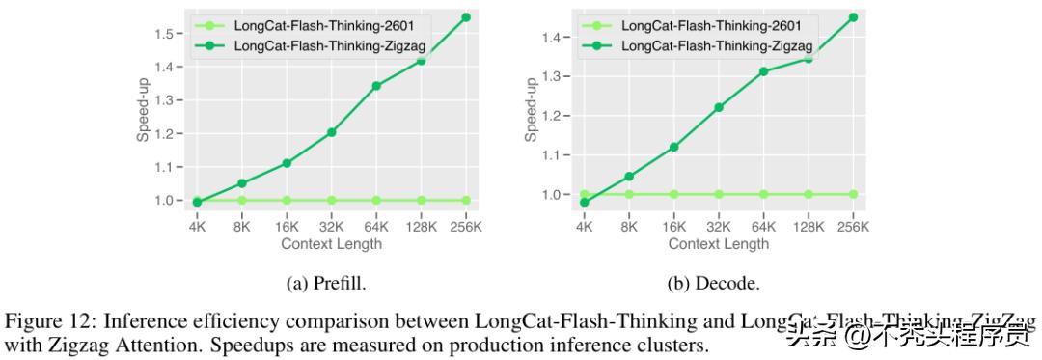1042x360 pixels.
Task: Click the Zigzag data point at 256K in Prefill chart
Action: tap(466, 17)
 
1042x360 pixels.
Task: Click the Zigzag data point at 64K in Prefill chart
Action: tap(376, 86)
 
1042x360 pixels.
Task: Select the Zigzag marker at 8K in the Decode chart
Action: tap(629, 177)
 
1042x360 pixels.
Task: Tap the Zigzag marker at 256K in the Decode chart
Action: tap(853, 17)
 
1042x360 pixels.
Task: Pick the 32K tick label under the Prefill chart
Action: tap(331, 227)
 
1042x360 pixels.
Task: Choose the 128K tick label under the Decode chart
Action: tap(809, 227)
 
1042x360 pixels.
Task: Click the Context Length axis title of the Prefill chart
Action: tap(331, 244)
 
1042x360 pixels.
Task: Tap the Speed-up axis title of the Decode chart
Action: tap(532, 109)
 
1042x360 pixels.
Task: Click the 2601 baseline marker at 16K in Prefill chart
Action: tap(287, 201)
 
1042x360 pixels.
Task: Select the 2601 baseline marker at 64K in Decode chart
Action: tap(763, 194)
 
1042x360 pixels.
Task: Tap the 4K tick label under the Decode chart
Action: tap(584, 227)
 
